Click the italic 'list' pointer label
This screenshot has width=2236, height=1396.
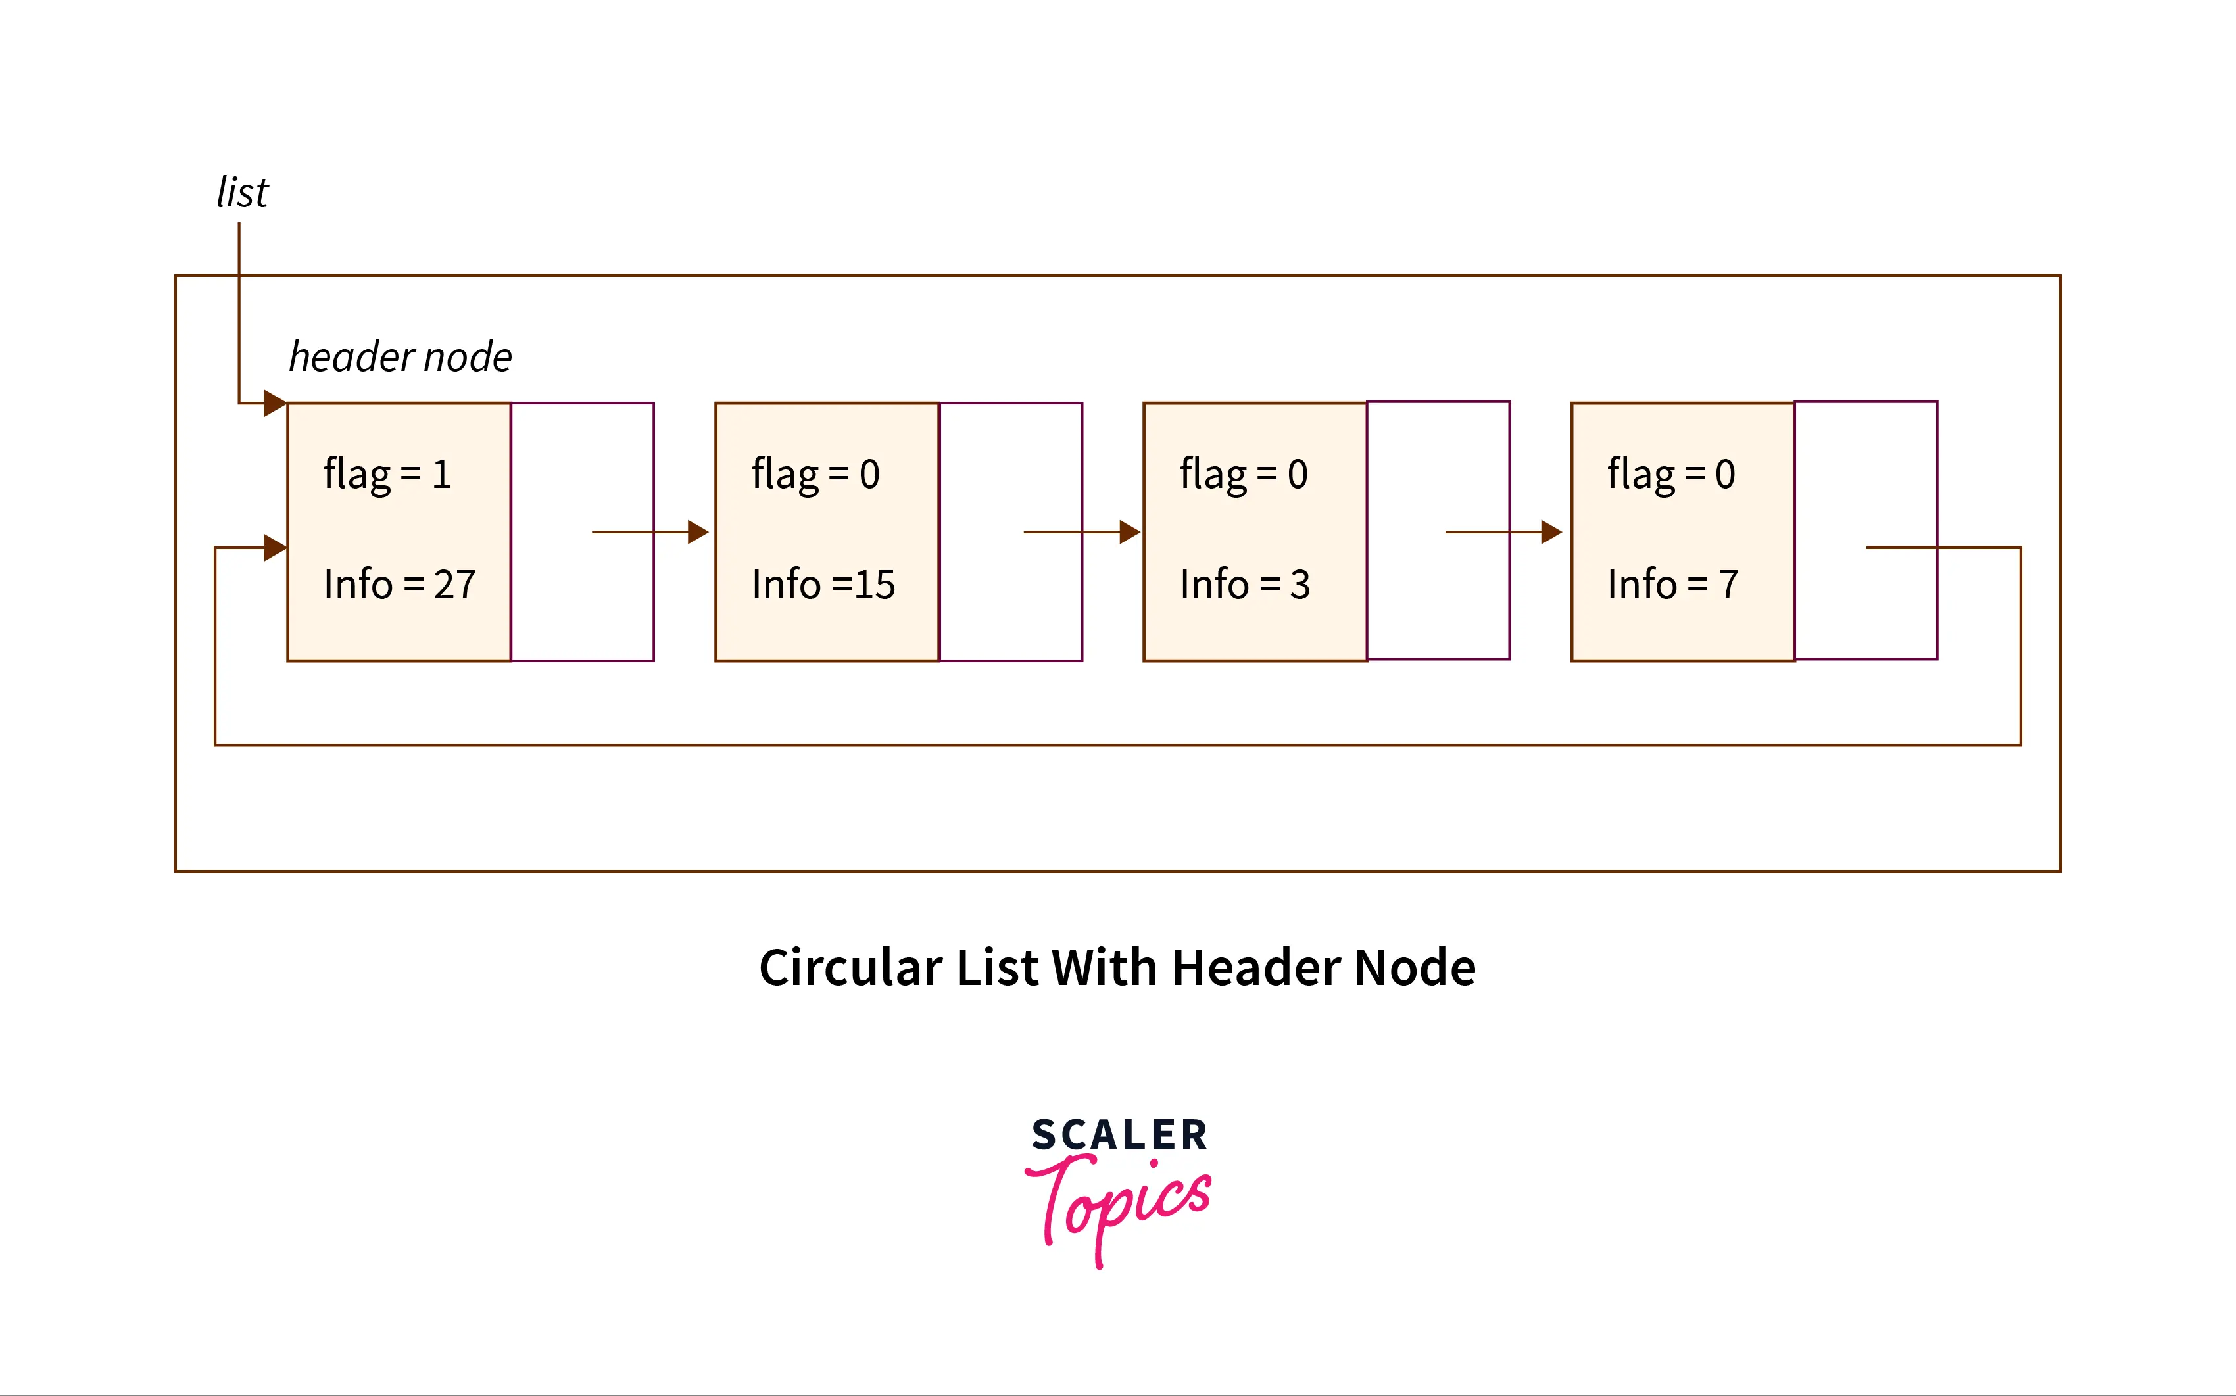pyautogui.click(x=242, y=193)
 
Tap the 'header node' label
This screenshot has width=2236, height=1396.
pyautogui.click(x=400, y=357)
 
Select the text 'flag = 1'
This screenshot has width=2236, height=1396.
pyautogui.click(x=387, y=475)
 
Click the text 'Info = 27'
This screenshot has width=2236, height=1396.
pyautogui.click(x=399, y=585)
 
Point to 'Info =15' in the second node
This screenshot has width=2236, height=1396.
pyautogui.click(x=823, y=585)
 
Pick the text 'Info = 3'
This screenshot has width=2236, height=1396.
pyautogui.click(x=1244, y=585)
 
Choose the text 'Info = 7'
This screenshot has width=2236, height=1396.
pyautogui.click(x=1672, y=585)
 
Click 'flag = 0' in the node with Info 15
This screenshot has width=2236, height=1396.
pyautogui.click(x=815, y=475)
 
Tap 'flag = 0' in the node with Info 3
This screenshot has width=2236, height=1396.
pyautogui.click(x=1244, y=475)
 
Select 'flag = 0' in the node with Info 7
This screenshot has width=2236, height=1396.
pyautogui.click(x=1671, y=475)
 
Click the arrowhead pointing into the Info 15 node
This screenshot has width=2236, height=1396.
pyautogui.click(x=698, y=532)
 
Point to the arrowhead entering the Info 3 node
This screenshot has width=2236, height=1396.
pyautogui.click(x=1129, y=532)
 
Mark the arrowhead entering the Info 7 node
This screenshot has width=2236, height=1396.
pyautogui.click(x=1551, y=532)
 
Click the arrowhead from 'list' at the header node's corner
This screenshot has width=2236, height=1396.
pyautogui.click(x=274, y=402)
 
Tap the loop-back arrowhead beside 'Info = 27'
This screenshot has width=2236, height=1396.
pyautogui.click(x=274, y=548)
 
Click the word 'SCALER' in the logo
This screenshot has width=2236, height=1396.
pyautogui.click(x=1119, y=1135)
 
